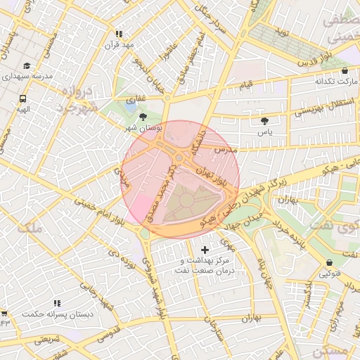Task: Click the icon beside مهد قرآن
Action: (x=119, y=34)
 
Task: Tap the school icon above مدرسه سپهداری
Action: (x=27, y=65)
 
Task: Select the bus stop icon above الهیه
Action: (x=23, y=99)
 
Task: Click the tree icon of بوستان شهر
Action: (x=144, y=117)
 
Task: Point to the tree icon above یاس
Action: (x=264, y=121)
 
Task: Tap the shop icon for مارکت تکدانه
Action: (x=344, y=71)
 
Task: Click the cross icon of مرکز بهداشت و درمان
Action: (x=205, y=250)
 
